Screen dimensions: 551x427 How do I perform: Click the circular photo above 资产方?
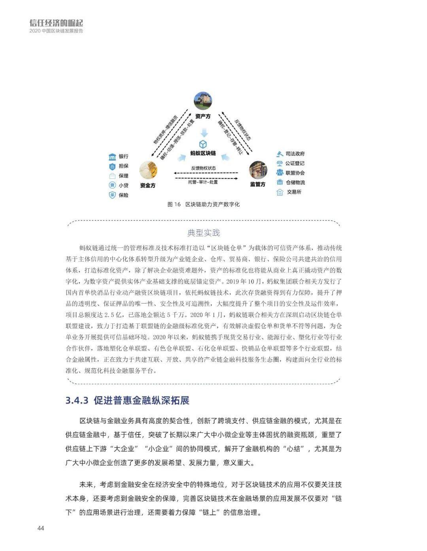[203, 101]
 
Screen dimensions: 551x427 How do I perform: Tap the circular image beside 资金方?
[148, 170]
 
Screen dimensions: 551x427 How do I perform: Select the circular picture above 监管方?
[258, 170]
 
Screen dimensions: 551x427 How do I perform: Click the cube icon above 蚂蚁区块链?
[203, 144]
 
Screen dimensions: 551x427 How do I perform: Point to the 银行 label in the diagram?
[123, 156]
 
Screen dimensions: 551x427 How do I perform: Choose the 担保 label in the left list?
[123, 166]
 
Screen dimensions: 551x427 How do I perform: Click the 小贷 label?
[123, 185]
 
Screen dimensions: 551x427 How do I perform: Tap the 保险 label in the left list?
[123, 195]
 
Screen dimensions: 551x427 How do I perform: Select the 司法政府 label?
[295, 154]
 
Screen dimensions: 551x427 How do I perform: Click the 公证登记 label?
[295, 163]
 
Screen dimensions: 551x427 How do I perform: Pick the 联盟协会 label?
[295, 173]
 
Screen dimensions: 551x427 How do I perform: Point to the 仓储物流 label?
[295, 182]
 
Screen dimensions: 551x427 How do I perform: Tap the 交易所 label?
[294, 192]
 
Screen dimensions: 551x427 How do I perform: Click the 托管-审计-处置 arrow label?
[203, 182]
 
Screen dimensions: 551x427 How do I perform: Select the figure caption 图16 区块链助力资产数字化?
[203, 204]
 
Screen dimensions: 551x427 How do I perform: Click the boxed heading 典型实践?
[203, 233]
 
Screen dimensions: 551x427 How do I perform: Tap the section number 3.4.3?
[77, 400]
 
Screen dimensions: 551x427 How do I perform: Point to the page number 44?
[41, 528]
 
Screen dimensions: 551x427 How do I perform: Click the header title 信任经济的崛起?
[56, 23]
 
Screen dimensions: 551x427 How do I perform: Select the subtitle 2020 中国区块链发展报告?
[56, 31]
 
